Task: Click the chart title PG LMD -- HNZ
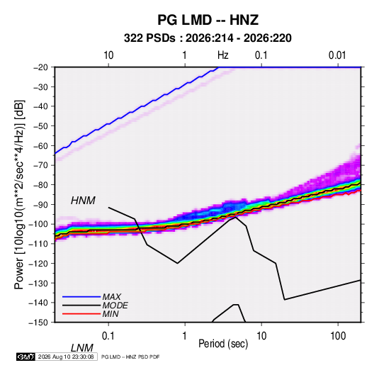click(208, 20)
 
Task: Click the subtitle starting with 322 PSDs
click(208, 38)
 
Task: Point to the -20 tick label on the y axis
click(40, 67)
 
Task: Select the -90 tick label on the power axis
click(40, 205)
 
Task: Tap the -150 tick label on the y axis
click(38, 323)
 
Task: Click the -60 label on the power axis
click(40, 145)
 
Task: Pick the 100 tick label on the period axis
click(338, 336)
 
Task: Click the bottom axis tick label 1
click(185, 336)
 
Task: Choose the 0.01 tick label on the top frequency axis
click(337, 55)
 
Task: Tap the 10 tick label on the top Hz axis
click(108, 55)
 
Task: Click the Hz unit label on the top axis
click(223, 55)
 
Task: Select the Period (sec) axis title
click(223, 344)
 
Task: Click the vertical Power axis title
click(19, 194)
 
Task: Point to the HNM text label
click(83, 201)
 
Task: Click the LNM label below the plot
click(82, 348)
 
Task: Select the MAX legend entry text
click(111, 297)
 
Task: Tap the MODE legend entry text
click(115, 306)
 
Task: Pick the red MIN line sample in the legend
click(81, 314)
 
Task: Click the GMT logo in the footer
click(26, 357)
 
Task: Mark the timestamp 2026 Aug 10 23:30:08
click(66, 357)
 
